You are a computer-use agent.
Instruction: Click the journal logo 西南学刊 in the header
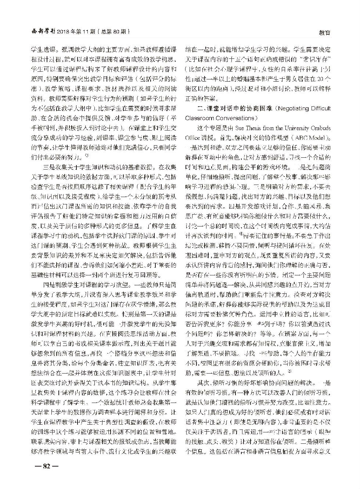point(42,31)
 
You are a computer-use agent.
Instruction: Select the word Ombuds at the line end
point(322,128)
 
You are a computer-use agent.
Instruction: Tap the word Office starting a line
point(193,138)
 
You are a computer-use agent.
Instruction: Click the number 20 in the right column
point(320,79)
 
